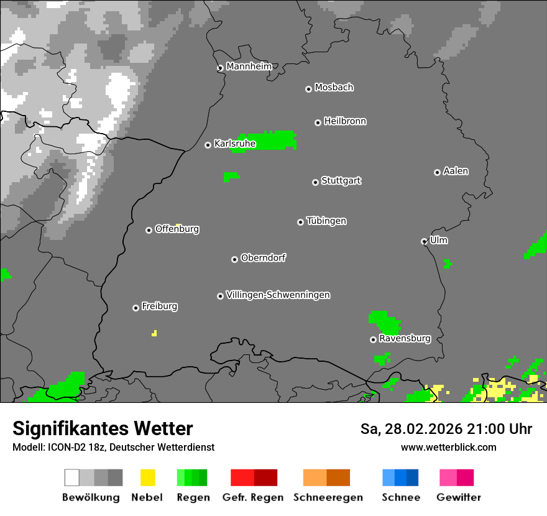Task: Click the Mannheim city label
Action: tap(249, 67)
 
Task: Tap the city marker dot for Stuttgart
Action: tap(315, 182)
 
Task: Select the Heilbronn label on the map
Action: tap(345, 121)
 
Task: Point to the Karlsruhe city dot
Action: tap(208, 145)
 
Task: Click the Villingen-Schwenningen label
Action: tap(278, 295)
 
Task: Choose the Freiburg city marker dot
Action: tap(136, 308)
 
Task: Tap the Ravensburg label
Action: tap(405, 339)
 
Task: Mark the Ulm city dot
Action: tap(424, 241)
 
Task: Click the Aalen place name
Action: tap(456, 171)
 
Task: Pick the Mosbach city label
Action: tap(334, 88)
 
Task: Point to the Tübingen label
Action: tap(326, 221)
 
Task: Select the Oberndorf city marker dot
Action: tap(234, 259)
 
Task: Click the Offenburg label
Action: tap(177, 229)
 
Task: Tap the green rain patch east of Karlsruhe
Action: tap(267, 141)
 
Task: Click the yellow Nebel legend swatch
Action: tap(148, 477)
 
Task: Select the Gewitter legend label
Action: tap(459, 497)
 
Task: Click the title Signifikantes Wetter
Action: tap(103, 429)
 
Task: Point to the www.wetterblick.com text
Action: tap(448, 447)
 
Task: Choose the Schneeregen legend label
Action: tap(328, 497)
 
